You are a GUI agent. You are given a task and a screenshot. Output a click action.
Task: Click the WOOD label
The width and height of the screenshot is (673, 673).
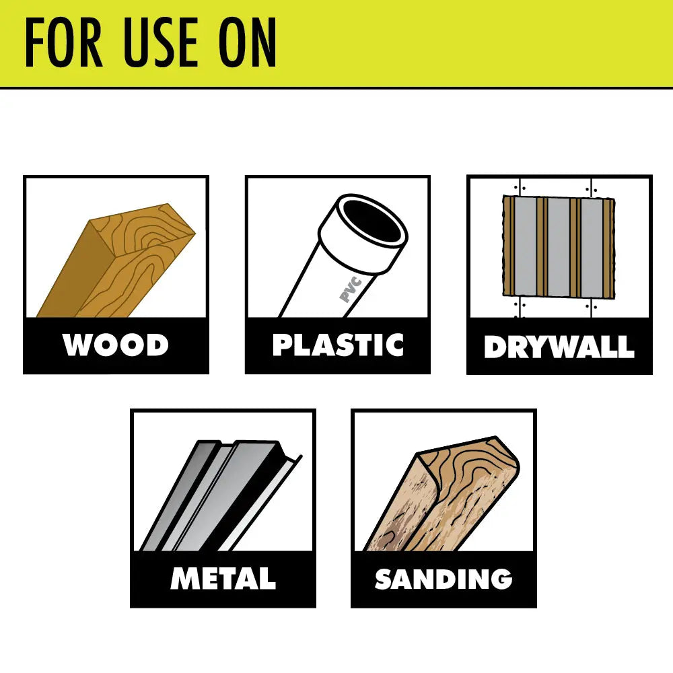(116, 345)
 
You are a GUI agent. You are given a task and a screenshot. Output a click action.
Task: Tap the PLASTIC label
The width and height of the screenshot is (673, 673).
(338, 345)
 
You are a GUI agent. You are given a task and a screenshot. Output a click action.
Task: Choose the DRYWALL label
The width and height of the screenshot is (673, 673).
(559, 346)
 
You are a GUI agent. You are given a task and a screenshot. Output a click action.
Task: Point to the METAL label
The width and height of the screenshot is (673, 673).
(223, 579)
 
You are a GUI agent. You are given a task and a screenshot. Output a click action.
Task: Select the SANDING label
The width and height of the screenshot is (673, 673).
(444, 579)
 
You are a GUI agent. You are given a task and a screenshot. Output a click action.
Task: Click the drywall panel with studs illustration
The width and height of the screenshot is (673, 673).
(559, 247)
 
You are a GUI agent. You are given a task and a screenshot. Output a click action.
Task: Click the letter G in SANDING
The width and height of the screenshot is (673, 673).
(499, 579)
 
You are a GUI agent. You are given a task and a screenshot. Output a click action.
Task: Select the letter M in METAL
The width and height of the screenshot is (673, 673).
(185, 579)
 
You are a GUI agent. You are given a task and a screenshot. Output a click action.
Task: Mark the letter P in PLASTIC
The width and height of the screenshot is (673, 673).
(282, 345)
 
